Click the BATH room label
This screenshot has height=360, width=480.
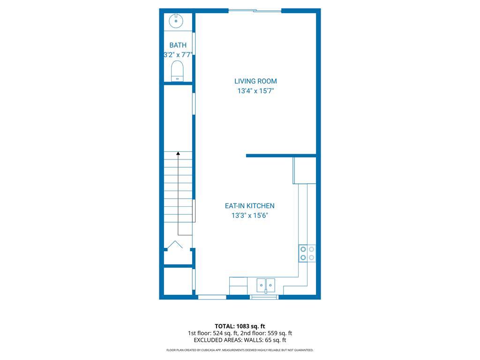(x=178, y=45)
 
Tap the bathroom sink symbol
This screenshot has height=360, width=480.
(x=176, y=21)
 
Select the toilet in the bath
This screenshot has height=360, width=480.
(x=177, y=71)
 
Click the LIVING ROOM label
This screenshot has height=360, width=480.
(x=255, y=81)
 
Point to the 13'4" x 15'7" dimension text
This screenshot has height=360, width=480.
(x=255, y=91)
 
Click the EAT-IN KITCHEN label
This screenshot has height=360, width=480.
(x=250, y=206)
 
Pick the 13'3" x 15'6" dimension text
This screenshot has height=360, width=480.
(x=250, y=216)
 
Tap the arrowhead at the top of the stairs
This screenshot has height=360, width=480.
(x=178, y=153)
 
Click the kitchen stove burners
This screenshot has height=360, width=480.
(x=307, y=254)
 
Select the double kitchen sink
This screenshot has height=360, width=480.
(x=266, y=285)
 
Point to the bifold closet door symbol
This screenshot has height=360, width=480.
(x=175, y=244)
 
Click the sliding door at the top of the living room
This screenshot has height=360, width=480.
(x=255, y=11)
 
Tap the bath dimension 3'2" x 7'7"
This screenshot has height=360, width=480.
(x=178, y=55)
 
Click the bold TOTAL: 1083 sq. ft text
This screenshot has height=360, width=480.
(x=240, y=326)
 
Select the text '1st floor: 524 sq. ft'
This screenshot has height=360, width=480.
(x=213, y=333)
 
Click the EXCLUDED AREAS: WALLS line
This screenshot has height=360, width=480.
(x=240, y=340)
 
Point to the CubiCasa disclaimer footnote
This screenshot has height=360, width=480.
(x=240, y=350)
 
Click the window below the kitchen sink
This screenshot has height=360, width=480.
(x=264, y=297)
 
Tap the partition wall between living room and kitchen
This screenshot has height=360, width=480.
(x=281, y=156)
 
